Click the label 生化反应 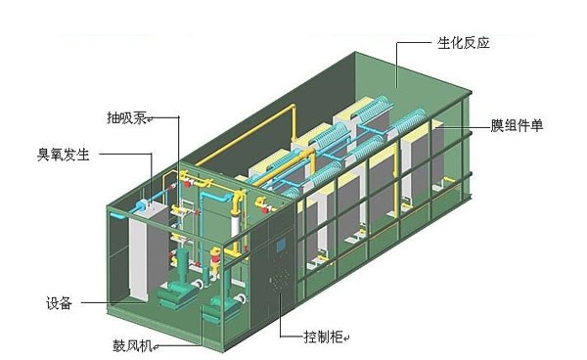[463, 44]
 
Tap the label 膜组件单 [518, 127]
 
